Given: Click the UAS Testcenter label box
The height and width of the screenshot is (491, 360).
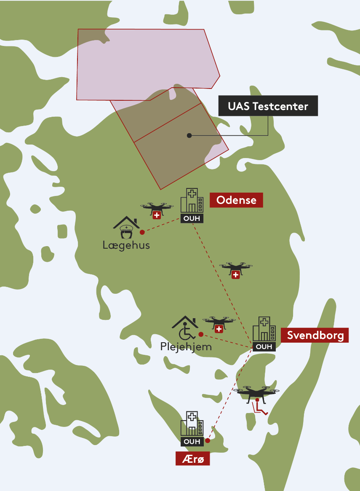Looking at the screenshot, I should (268, 106).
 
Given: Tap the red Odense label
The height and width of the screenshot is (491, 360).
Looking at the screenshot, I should (236, 200).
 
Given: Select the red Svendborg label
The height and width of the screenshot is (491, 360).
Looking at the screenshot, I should (315, 335).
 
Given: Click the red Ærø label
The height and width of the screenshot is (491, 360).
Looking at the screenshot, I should (192, 459).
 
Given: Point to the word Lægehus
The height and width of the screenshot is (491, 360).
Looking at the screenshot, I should (126, 245).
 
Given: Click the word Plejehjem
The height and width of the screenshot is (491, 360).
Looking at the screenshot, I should (186, 347).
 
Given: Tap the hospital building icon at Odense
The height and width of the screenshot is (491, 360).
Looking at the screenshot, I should (192, 201).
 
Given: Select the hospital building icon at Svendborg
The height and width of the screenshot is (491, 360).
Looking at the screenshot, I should (264, 329).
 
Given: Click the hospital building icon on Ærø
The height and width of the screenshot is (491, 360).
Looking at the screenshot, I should (192, 424).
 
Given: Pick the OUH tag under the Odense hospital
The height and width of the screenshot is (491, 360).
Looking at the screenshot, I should (192, 218).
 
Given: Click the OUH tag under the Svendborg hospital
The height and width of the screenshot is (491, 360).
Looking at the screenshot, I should (264, 347).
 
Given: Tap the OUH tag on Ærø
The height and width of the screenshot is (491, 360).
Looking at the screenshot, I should (192, 442).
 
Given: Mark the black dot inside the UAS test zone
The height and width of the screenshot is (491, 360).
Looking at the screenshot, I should (189, 135).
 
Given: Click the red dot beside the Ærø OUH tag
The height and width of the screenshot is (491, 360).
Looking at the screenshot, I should (208, 441).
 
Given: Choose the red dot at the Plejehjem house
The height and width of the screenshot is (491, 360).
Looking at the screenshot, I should (201, 334).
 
